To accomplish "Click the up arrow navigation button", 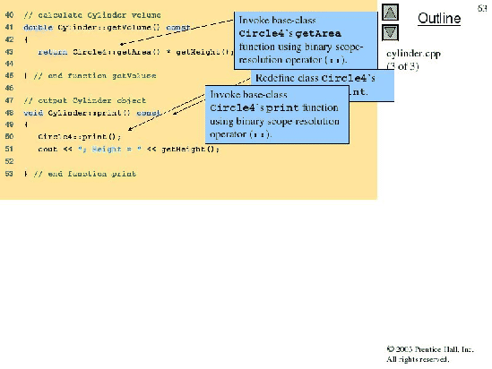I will click(x=389, y=12).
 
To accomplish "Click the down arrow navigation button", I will click(x=389, y=32).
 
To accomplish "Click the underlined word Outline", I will click(x=439, y=18).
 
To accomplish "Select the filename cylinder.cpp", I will click(x=413, y=55).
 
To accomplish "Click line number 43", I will click(x=9, y=52).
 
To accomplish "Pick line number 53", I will click(x=9, y=172).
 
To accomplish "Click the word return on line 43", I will click(x=48, y=52).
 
